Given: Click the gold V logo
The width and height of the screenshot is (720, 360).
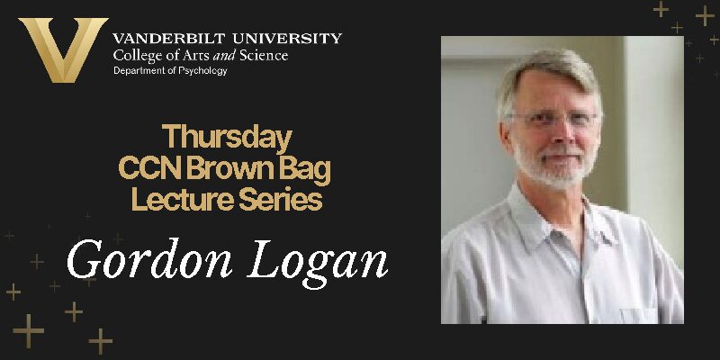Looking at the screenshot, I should pyautogui.click(x=62, y=50).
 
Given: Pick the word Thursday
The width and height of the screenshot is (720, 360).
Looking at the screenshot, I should pyautogui.click(x=226, y=139).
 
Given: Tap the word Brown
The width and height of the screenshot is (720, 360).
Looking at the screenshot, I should pyautogui.click(x=236, y=168).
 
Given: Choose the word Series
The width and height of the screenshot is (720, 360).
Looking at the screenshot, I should pyautogui.click(x=281, y=199).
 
